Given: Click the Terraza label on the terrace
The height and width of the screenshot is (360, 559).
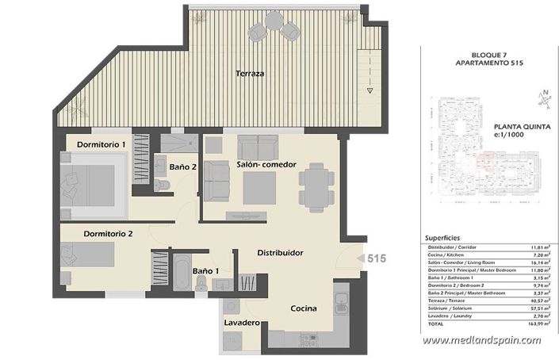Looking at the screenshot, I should [x=249, y=74].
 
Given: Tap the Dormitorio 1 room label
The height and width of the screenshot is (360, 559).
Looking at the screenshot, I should [x=101, y=144].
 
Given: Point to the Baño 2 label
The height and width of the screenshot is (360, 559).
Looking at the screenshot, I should [x=183, y=167].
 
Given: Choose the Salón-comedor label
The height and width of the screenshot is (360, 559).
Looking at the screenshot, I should [x=266, y=164].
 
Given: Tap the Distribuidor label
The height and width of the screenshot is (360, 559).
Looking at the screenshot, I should [x=280, y=252].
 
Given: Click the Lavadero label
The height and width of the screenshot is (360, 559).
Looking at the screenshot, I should [x=242, y=324].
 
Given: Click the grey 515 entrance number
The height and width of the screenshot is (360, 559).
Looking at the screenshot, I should [x=376, y=259].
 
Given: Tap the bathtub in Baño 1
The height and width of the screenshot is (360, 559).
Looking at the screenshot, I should [x=179, y=277].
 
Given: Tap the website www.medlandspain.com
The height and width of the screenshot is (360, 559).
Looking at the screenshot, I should [x=481, y=341].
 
